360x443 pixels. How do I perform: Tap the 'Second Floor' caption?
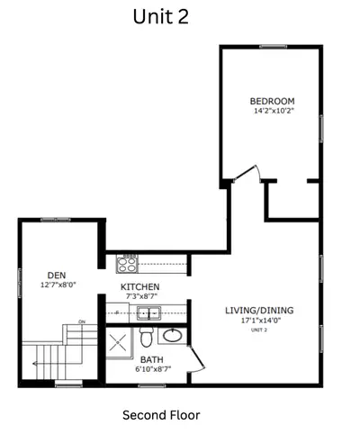[161, 415]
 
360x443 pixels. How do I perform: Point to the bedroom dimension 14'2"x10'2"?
[273, 112]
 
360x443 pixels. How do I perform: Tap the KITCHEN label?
[141, 287]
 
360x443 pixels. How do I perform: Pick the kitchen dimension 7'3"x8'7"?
[141, 296]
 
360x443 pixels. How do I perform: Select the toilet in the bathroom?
[146, 339]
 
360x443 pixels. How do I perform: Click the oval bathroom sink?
[170, 337]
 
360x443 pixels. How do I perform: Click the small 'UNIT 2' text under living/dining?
[259, 330]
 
